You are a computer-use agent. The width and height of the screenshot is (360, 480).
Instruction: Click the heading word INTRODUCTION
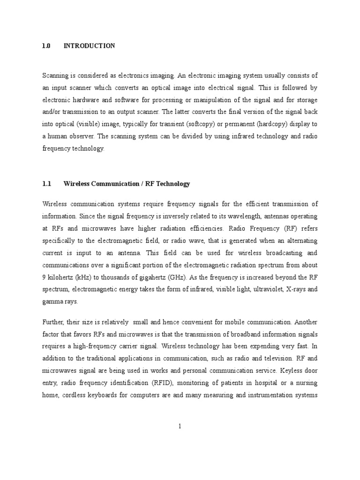tap(89, 46)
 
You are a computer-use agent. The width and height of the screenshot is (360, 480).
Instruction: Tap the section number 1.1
tap(46, 184)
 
